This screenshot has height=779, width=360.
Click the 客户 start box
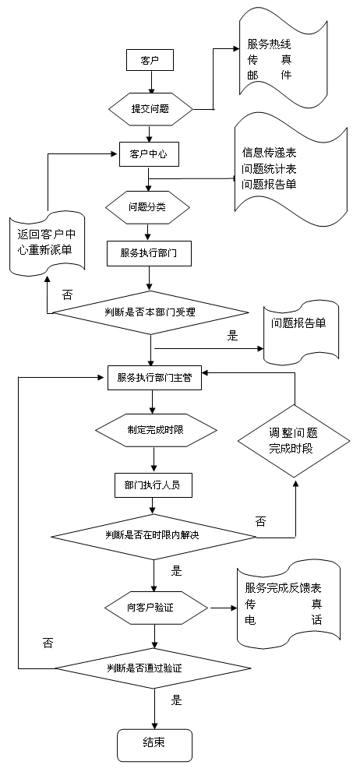click(150, 61)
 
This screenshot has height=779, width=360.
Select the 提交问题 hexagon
click(150, 109)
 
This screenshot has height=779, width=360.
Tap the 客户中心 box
click(149, 154)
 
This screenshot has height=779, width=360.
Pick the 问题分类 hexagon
click(148, 206)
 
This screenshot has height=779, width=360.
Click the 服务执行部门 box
click(149, 253)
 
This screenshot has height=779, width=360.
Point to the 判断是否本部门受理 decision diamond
click(150, 312)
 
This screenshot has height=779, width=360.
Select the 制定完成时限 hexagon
click(156, 429)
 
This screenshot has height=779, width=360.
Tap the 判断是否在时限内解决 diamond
click(154, 536)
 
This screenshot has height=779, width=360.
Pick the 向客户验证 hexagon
click(156, 607)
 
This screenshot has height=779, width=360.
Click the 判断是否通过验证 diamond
click(151, 668)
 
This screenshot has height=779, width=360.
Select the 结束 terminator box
click(154, 745)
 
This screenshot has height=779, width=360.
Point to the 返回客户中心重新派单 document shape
click(47, 242)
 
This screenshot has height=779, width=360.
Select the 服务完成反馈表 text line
click(283, 588)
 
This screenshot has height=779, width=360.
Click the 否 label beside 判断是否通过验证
click(48, 644)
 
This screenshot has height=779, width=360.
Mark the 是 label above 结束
click(177, 700)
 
